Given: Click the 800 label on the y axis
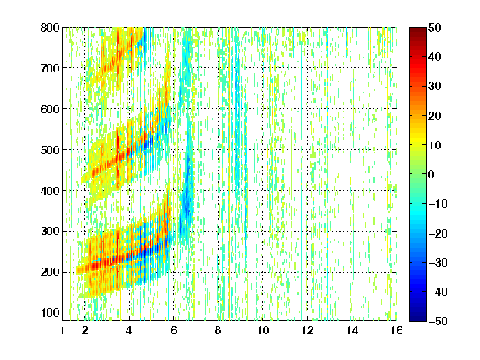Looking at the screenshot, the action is (50, 27).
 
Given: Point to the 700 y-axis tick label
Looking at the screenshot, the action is (50, 68).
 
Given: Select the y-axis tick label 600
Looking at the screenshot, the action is (50, 109).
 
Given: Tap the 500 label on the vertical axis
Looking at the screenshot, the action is (50, 150).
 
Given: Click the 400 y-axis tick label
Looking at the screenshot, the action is (50, 191).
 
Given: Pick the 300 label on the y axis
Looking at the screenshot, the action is (50, 232).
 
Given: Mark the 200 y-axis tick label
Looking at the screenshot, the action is (50, 272).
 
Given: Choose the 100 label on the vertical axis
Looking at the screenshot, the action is (50, 312).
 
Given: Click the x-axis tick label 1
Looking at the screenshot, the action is (62, 330).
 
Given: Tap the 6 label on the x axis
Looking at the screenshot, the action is (174, 330).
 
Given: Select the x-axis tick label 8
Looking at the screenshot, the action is (218, 330).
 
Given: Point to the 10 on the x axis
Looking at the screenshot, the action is (262, 330).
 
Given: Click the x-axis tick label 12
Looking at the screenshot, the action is (307, 330).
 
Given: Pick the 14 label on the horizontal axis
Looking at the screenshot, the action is (352, 330).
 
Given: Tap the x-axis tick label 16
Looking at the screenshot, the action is (397, 330).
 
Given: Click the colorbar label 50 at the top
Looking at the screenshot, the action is (435, 27).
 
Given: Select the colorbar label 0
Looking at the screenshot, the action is (432, 174).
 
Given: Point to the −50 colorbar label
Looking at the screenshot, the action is (438, 321).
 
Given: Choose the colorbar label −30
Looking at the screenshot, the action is (438, 262).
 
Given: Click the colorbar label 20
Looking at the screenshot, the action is (435, 116).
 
